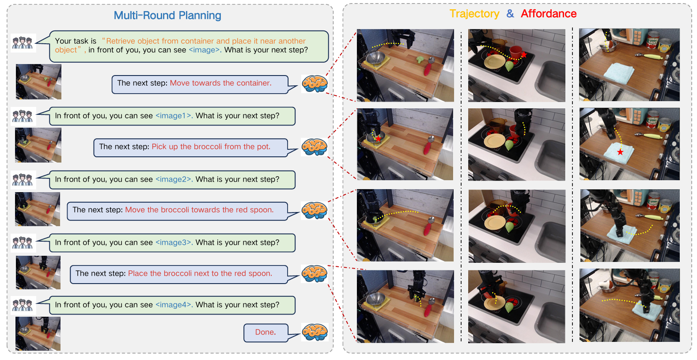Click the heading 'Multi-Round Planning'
click(x=167, y=15)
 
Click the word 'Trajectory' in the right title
click(x=474, y=14)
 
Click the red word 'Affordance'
click(x=549, y=14)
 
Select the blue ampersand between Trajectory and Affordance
click(x=510, y=14)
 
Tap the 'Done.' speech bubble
click(x=265, y=332)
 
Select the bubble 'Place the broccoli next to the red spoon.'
click(x=179, y=274)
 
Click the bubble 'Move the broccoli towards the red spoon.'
click(x=177, y=210)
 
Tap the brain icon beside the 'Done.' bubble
click(x=314, y=332)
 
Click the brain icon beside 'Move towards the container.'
click(x=314, y=83)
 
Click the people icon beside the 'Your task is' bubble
click(x=23, y=43)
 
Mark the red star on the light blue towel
click(x=621, y=152)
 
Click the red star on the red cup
click(x=524, y=54)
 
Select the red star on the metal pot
click(x=378, y=138)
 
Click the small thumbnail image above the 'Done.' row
click(x=38, y=333)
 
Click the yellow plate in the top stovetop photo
click(x=494, y=62)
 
